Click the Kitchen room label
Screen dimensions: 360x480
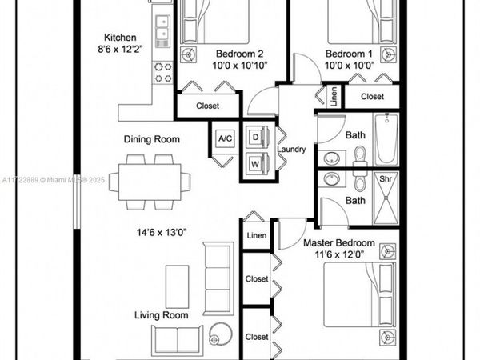[x=121, y=38]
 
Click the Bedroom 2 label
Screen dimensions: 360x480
[x=236, y=54]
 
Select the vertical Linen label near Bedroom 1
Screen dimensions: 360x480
[x=334, y=96]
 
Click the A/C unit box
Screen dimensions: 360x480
[x=225, y=138]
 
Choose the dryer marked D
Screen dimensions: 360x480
[x=256, y=137]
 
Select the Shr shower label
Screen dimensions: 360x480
[x=385, y=179]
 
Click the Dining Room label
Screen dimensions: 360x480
[x=151, y=139]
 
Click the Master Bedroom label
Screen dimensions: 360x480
[x=338, y=242]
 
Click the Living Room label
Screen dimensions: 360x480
[x=161, y=315]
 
